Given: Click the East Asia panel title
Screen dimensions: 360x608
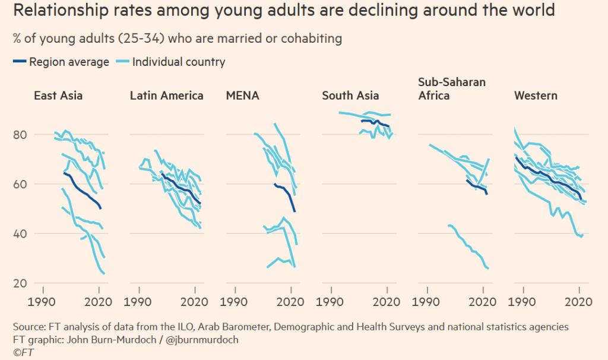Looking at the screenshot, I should coord(58,96).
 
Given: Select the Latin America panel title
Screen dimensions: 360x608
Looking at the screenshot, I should coord(166,96).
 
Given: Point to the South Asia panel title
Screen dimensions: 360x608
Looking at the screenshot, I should coord(350,96).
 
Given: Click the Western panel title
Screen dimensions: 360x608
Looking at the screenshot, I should coord(536,96).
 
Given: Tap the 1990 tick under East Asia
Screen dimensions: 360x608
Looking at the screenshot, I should coord(42,302).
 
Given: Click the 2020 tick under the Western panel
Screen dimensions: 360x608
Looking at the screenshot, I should coord(579,302).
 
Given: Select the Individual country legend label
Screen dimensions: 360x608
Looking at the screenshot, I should coord(179,62).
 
